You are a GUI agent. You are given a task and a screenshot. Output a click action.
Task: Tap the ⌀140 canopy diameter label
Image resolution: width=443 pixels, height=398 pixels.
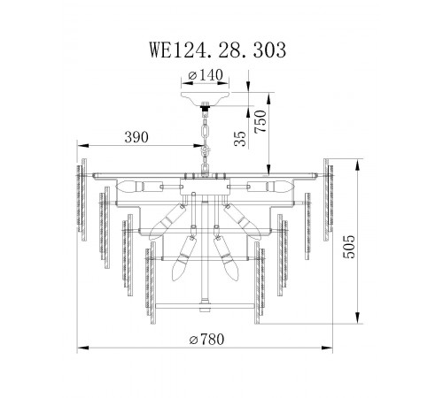point(206,78)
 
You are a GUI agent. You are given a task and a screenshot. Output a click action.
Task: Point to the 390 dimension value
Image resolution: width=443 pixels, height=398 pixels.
point(136,137)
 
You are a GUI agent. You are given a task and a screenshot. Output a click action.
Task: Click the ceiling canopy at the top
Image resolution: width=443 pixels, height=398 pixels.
point(206,96)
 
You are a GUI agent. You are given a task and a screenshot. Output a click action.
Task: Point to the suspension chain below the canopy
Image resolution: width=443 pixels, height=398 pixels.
point(206,133)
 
